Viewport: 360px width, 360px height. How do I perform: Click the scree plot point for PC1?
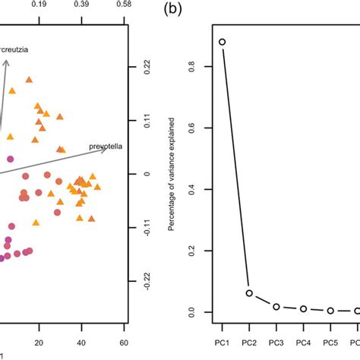pos(222,43)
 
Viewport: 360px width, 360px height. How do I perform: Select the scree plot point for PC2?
pos(249,293)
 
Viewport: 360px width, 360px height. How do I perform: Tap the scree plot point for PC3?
pos(276,306)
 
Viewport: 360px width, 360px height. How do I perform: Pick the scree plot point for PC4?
pos(303,309)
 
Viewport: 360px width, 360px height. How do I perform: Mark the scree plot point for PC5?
pos(330,311)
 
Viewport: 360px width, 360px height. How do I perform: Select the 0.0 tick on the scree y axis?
pos(195,312)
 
